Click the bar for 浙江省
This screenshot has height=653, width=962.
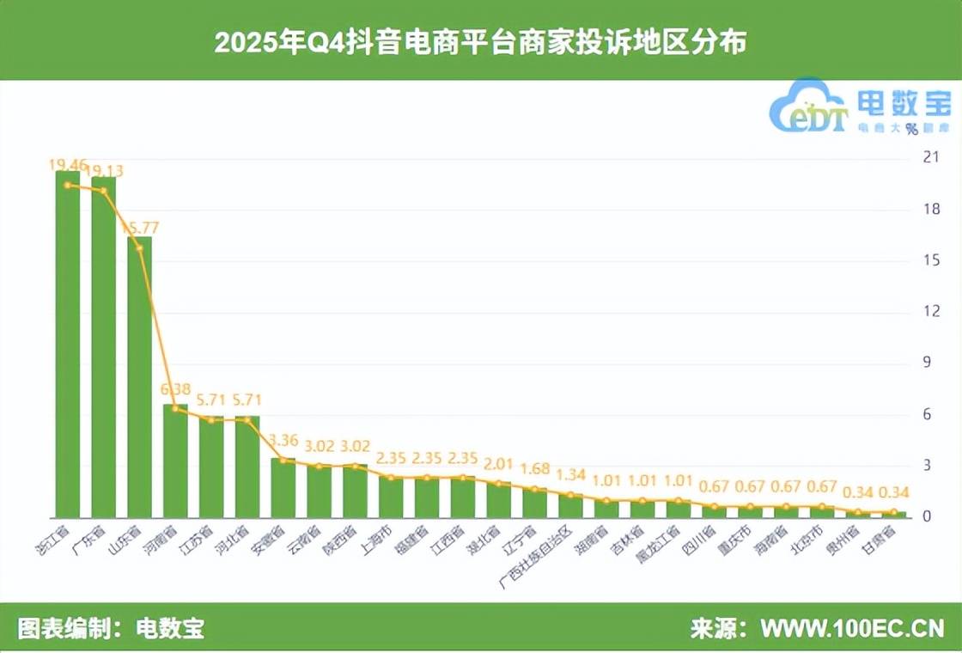tap(68, 344)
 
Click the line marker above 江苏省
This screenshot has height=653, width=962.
tap(211, 419)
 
